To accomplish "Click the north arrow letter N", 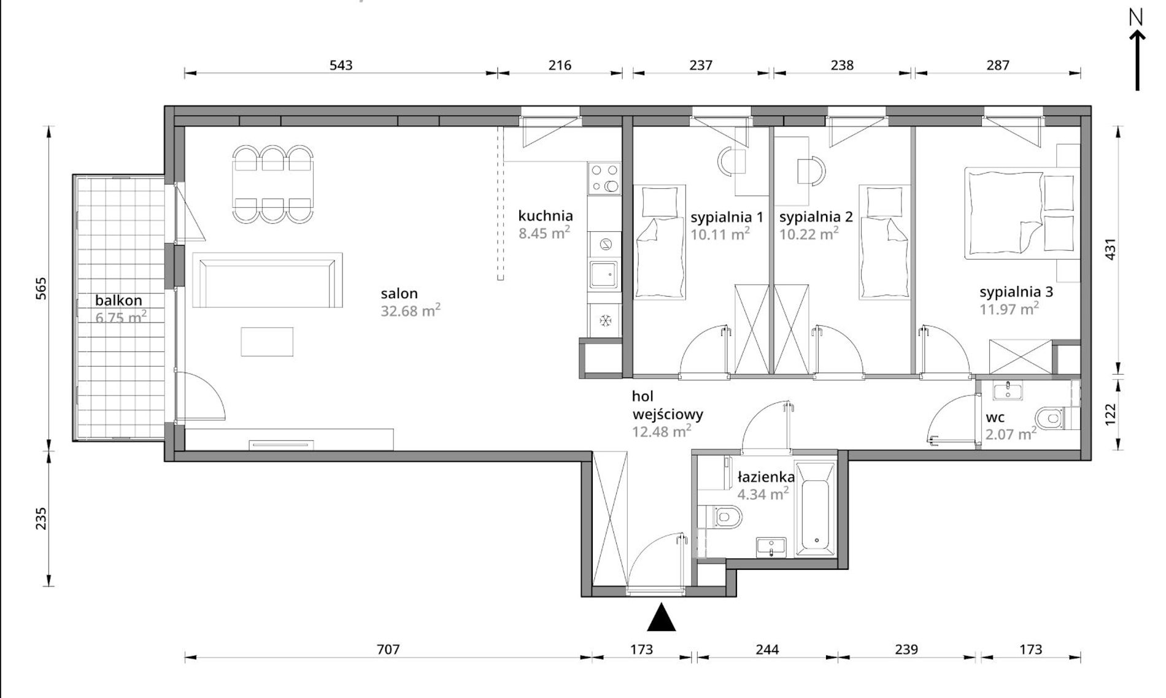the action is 1137,17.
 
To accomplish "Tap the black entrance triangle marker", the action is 662,617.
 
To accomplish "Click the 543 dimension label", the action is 341,65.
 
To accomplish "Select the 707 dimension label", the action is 388,649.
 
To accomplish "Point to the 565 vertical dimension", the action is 41,288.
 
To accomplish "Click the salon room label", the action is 399,294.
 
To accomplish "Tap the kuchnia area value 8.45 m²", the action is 544,232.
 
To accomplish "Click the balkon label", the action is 118,301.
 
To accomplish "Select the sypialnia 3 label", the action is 1016,292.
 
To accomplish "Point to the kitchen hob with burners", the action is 604,178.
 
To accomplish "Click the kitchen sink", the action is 604,274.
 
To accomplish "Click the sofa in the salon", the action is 267,280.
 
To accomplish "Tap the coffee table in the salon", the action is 267,342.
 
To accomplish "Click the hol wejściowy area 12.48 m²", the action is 662,431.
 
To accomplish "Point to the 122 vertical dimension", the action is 1110,414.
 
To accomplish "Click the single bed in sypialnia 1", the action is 660,242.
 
